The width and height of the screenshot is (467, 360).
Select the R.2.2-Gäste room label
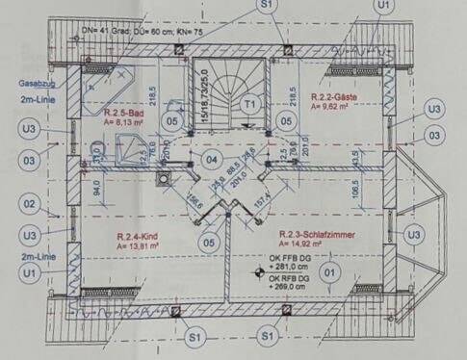point(332,98)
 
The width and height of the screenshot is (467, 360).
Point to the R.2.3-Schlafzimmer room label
point(310,234)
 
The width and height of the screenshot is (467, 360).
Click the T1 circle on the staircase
point(249,102)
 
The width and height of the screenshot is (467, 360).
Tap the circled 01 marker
point(329,271)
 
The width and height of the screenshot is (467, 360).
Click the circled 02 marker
point(30,204)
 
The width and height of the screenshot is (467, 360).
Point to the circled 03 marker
point(30,159)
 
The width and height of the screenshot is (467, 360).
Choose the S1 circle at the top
point(267,6)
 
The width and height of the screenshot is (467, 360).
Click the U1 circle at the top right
point(385,6)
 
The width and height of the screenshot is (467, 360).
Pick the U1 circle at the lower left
point(30,275)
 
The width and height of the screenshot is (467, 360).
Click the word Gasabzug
point(34,85)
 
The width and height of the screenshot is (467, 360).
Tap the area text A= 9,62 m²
point(328,108)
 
